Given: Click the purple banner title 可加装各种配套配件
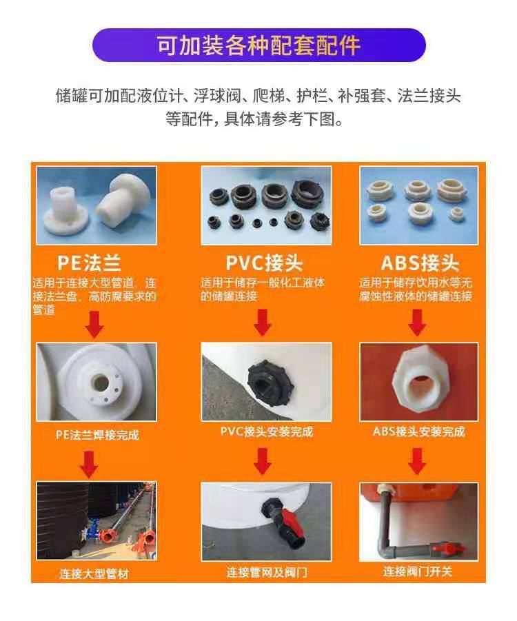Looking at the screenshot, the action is [x=258, y=45].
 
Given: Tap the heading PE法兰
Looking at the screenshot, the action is [x=89, y=263].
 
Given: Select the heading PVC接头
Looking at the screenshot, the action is [x=264, y=263].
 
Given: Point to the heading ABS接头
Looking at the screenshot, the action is [x=420, y=263].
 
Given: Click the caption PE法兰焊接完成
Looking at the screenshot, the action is [x=97, y=435].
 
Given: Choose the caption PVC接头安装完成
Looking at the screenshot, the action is [x=267, y=431].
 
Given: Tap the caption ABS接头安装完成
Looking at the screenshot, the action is [x=418, y=431].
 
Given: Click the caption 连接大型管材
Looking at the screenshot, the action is [x=94, y=573].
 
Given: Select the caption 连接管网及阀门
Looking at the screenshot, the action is [x=267, y=572].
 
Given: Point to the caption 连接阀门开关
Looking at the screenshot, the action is [x=418, y=571].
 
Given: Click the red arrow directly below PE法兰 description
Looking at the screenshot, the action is [x=94, y=325].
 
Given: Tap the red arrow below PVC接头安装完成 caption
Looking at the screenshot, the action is [x=262, y=461].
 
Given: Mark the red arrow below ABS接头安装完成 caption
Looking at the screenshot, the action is [x=417, y=461].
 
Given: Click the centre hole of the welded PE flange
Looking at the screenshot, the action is [x=101, y=383].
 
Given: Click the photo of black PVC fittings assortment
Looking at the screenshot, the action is [x=266, y=205].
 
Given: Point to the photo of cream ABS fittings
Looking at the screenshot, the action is [x=418, y=205].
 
